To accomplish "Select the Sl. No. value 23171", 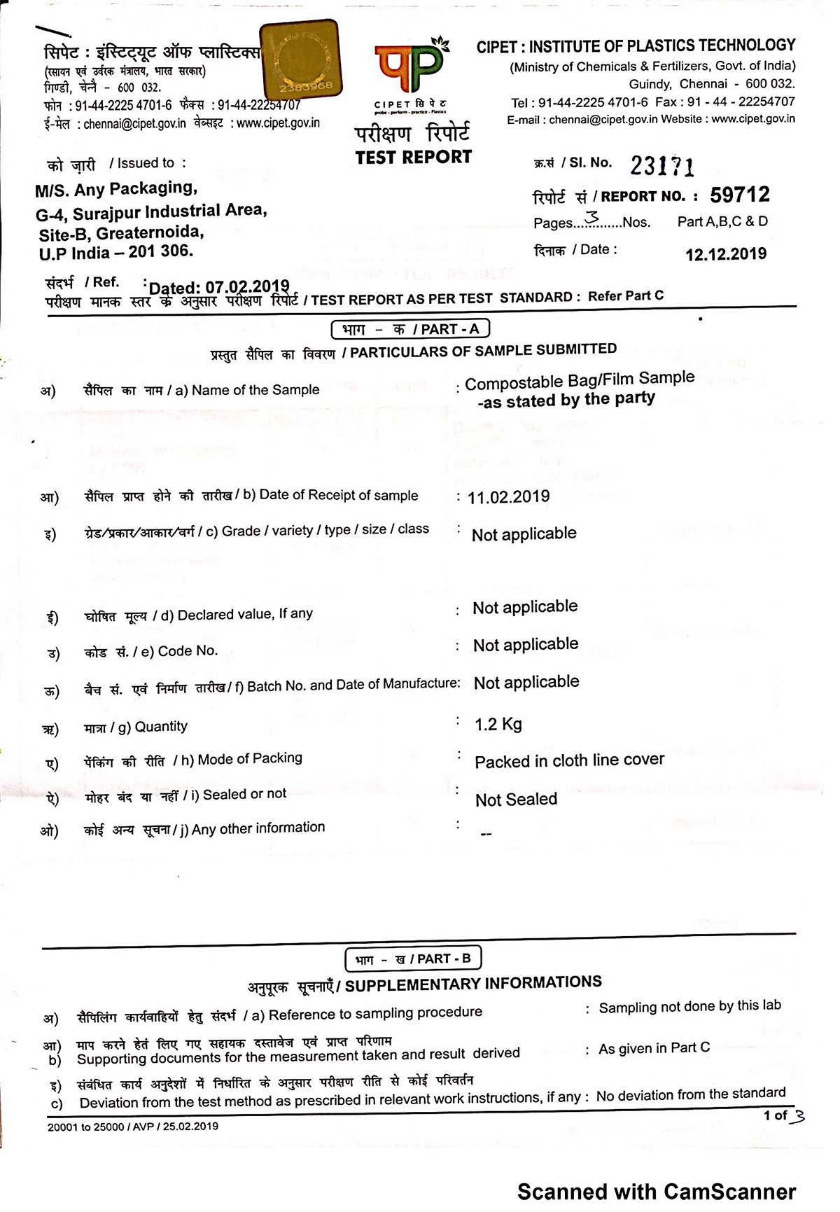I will [x=662, y=166].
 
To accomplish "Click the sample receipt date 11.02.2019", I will [x=509, y=497].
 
